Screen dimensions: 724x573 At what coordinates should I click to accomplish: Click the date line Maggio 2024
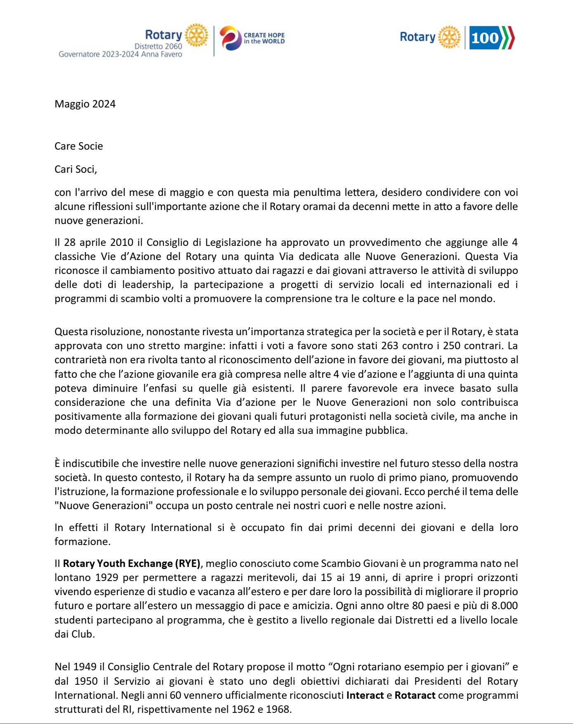click(x=85, y=104)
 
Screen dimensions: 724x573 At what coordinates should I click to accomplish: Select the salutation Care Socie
click(x=79, y=146)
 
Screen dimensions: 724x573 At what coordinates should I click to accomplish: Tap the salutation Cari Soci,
click(x=76, y=169)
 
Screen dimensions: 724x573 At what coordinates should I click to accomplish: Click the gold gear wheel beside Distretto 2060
click(x=196, y=36)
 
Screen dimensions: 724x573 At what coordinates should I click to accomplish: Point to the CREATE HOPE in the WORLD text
click(x=264, y=38)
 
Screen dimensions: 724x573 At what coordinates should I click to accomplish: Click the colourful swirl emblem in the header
click(x=230, y=38)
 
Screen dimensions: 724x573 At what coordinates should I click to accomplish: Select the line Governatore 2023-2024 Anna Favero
click(x=120, y=54)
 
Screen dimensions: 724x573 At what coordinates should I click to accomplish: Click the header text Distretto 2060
click(x=158, y=46)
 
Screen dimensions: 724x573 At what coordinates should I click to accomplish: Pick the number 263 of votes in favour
click(x=389, y=345)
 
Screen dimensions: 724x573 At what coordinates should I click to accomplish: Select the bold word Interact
click(x=365, y=695)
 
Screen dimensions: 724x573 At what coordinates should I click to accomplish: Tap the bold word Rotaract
click(x=415, y=695)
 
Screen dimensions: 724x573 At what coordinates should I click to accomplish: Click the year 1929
click(x=108, y=578)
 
